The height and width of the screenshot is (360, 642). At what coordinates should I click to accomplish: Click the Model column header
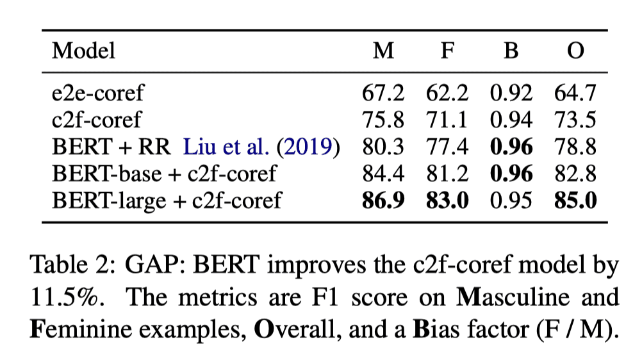tap(83, 51)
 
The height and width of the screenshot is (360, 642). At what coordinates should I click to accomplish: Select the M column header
tap(384, 51)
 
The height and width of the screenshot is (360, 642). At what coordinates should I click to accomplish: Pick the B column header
tap(511, 51)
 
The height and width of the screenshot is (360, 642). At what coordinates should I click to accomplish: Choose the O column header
tap(576, 51)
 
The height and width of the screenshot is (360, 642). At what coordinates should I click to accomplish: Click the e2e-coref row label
tap(97, 93)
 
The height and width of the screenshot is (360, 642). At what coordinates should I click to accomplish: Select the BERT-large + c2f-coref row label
tap(167, 200)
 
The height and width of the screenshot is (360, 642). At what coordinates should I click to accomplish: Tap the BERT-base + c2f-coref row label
tap(164, 174)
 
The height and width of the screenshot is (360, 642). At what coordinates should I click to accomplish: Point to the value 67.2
tap(383, 93)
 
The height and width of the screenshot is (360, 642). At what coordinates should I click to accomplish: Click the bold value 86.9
tap(383, 200)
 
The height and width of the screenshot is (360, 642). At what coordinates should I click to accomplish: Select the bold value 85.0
tap(576, 200)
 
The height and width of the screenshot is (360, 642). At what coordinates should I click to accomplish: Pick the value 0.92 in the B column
tap(511, 93)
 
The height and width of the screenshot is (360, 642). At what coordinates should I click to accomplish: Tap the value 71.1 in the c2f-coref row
tap(447, 120)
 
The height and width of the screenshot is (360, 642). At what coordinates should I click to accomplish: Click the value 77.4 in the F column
tap(447, 147)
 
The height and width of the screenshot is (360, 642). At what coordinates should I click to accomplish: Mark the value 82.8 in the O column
tap(576, 174)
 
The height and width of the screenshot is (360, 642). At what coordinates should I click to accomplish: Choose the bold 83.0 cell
tap(447, 200)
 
